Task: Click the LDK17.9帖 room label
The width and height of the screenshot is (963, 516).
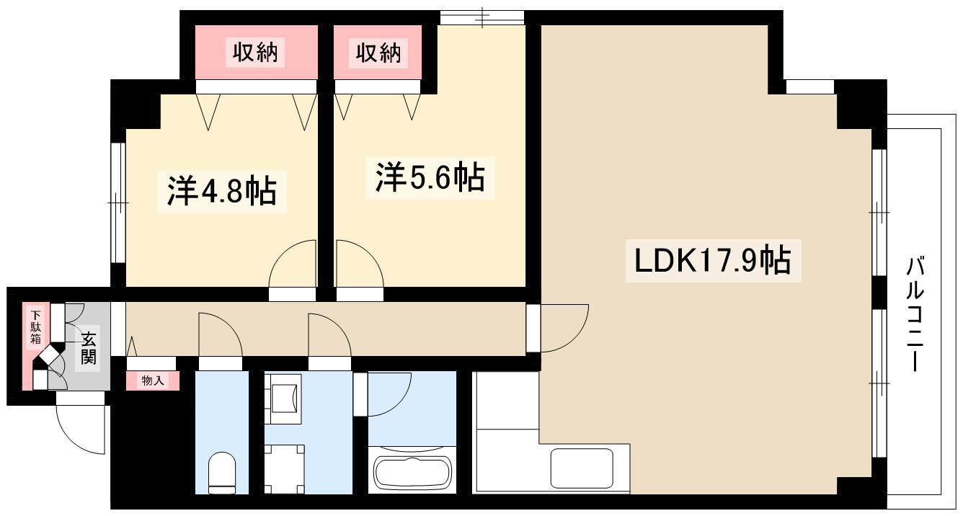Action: pyautogui.click(x=713, y=261)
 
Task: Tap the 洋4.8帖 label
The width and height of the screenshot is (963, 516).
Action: pyautogui.click(x=222, y=192)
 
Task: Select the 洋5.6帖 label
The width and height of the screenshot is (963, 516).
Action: pyautogui.click(x=430, y=177)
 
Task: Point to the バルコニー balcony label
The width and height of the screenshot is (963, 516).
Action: pyautogui.click(x=915, y=313)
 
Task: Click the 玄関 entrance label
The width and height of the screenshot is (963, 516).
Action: pyautogui.click(x=89, y=348)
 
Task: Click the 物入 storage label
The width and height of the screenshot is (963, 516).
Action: pyautogui.click(x=153, y=381)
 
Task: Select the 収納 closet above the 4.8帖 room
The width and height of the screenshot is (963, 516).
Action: pyautogui.click(x=255, y=52)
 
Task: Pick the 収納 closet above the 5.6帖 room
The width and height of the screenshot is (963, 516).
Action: pyautogui.click(x=378, y=52)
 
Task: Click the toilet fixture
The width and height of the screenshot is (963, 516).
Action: pyautogui.click(x=222, y=473)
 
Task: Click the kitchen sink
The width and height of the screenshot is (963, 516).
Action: pyautogui.click(x=582, y=468)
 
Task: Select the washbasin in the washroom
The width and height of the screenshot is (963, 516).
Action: pyautogui.click(x=283, y=399)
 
